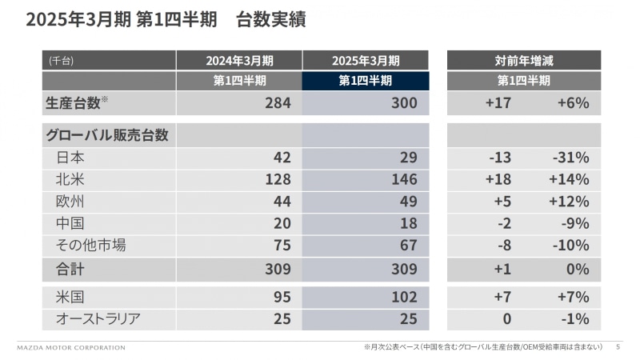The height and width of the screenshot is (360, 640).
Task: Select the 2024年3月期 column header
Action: point(239,60)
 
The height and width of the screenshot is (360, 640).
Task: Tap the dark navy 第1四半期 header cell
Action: point(365,81)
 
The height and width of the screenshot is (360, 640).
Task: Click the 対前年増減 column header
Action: point(524,60)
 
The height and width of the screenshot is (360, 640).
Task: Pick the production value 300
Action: point(404,103)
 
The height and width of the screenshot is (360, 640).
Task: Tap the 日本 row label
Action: point(71,158)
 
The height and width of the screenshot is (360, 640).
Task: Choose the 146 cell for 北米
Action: point(404,179)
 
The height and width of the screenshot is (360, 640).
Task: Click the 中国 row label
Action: point(71,223)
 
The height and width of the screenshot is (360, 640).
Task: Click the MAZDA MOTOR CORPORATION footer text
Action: point(71,348)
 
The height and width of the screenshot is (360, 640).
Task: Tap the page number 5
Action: point(618,348)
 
